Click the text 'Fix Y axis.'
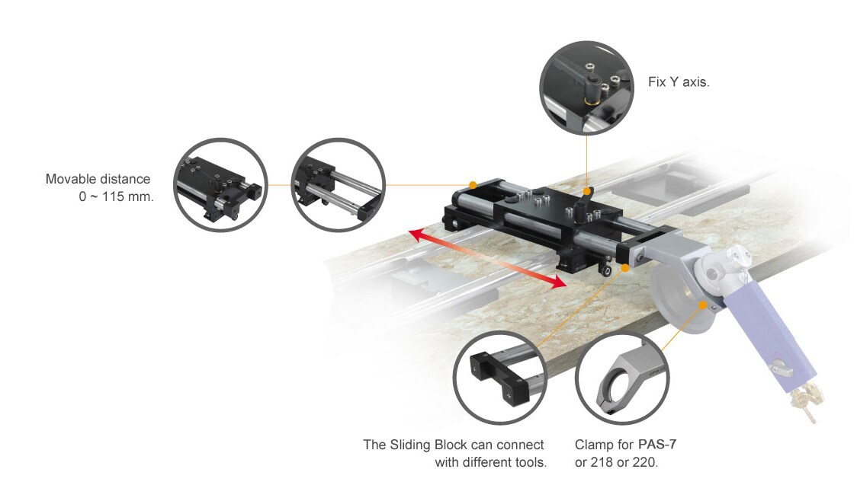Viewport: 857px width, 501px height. tap(678, 81)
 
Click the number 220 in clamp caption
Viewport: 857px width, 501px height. tap(644, 461)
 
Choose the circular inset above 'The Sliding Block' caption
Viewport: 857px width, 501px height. tap(500, 377)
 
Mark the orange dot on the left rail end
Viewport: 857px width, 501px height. tap(473, 185)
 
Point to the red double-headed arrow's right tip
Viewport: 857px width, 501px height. tap(565, 284)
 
